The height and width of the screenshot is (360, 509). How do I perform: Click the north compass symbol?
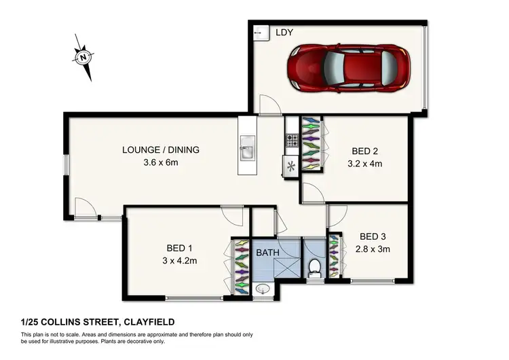[83, 57]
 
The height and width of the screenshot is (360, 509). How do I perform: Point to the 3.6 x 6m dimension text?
[160, 163]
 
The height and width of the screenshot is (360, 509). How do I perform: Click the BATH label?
[267, 253]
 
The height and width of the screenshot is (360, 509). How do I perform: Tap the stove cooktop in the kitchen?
[292, 141]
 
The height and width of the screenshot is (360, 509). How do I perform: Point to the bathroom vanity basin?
[263, 289]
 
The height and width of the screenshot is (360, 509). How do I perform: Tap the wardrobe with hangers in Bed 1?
[241, 267]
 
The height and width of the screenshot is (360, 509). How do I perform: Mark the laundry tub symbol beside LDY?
[258, 32]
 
